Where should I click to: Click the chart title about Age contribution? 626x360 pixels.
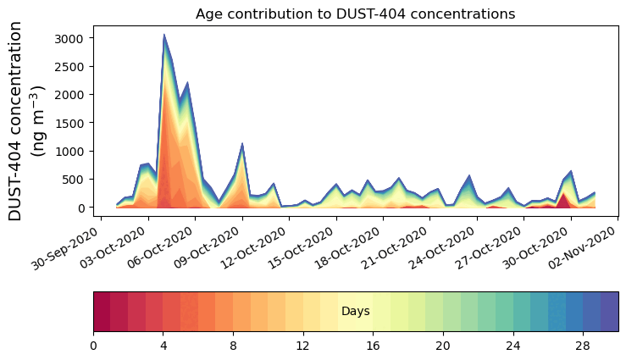tap(355, 14)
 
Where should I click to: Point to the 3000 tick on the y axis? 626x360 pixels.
tap(71, 38)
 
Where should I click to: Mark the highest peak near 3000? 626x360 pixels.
tap(163, 36)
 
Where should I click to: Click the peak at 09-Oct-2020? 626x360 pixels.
tap(242, 144)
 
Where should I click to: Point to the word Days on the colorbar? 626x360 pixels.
tap(355, 312)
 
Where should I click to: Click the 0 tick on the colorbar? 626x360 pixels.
tap(93, 346)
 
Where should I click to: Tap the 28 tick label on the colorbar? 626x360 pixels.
tap(582, 346)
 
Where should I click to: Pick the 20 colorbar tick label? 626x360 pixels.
tap(442, 346)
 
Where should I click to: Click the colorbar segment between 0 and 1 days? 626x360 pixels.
tap(102, 312)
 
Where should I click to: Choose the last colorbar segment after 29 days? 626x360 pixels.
tap(609, 312)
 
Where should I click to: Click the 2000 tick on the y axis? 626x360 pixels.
tap(71, 95)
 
